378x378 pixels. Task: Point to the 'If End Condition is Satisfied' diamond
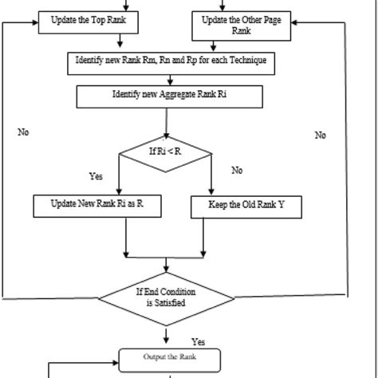point(165,297)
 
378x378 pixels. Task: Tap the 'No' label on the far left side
point(23,132)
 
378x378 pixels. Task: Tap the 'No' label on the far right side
point(320,135)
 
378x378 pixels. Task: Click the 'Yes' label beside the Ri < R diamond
point(96,176)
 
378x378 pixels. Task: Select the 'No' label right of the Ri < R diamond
point(237,171)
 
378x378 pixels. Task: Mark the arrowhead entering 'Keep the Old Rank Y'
point(212,191)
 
